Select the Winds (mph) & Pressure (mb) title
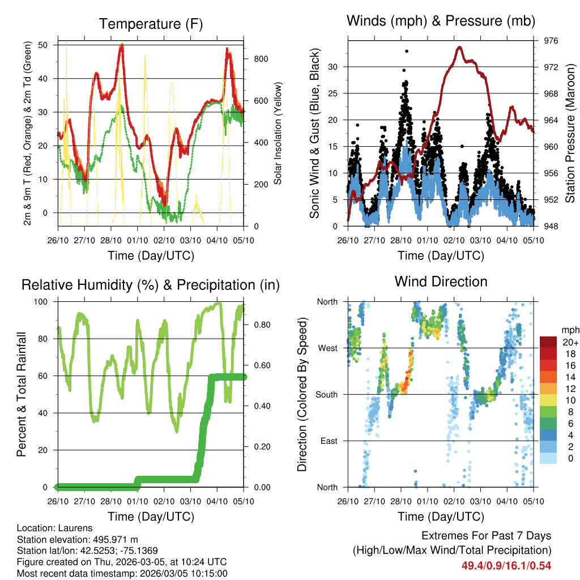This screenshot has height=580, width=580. pos(441,22)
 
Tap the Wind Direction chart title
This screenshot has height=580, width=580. pos(441,282)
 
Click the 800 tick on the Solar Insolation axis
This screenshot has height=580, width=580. pos(253,59)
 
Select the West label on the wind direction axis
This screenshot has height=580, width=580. pos(328,348)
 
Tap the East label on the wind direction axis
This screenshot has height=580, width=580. pos(329,441)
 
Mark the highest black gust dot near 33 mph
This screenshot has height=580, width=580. pos(407,51)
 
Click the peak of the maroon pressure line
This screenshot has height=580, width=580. pos(459,47)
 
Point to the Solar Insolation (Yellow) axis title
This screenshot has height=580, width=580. pos(278,133)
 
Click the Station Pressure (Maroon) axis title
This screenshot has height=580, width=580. pos(570,133)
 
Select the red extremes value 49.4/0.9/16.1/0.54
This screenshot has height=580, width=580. pos(506,565)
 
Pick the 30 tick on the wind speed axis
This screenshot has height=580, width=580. pos(334,67)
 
